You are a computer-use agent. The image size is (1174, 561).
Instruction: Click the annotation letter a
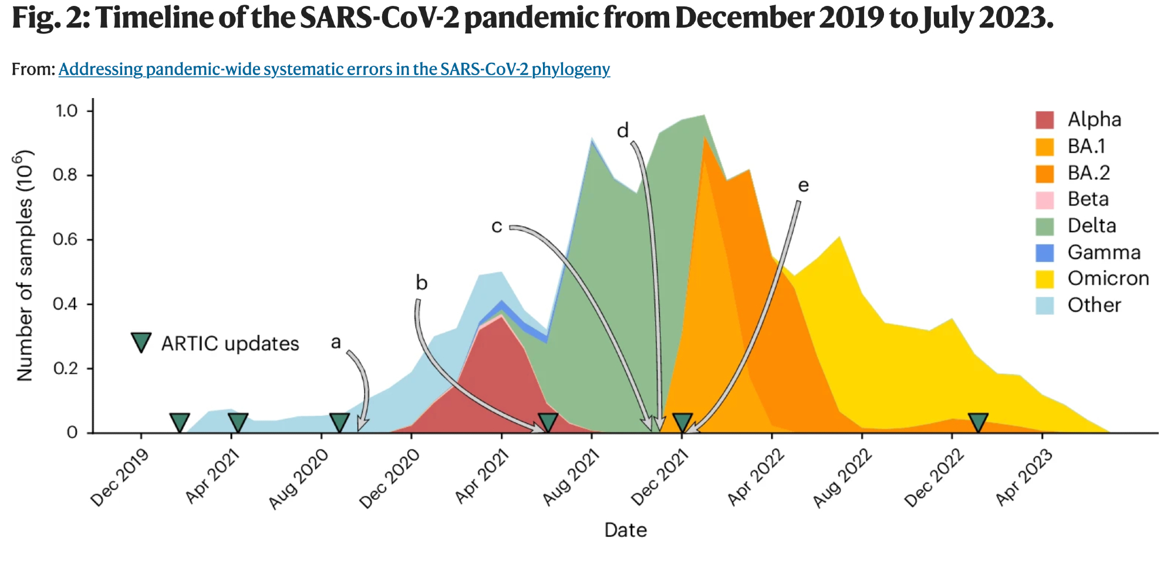pos(336,342)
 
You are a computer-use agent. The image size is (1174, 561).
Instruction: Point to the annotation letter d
pos(623,130)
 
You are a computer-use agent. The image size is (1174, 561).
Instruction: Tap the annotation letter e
pos(803,186)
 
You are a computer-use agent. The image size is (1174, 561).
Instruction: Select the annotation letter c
pos(497,226)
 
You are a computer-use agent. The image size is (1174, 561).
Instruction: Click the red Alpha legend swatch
pos(1045,120)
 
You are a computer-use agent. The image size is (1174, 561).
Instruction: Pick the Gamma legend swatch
pos(1045,253)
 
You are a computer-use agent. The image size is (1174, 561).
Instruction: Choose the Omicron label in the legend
pos(1108,278)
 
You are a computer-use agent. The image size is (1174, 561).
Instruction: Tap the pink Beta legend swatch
pos(1045,200)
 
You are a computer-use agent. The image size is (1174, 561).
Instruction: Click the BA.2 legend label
pos(1088,173)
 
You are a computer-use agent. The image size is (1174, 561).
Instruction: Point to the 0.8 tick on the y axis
pos(66,175)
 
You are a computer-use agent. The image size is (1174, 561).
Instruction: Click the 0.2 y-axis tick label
pos(66,368)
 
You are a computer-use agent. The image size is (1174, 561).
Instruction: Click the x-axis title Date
pos(626,530)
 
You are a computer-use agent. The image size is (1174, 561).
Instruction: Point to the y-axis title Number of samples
pos(25,266)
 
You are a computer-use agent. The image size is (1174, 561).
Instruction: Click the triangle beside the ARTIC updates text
pos(141,342)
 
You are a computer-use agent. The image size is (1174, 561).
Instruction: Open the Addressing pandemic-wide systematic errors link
pos(334,69)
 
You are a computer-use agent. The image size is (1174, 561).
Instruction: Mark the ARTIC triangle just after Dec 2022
pos(978,422)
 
